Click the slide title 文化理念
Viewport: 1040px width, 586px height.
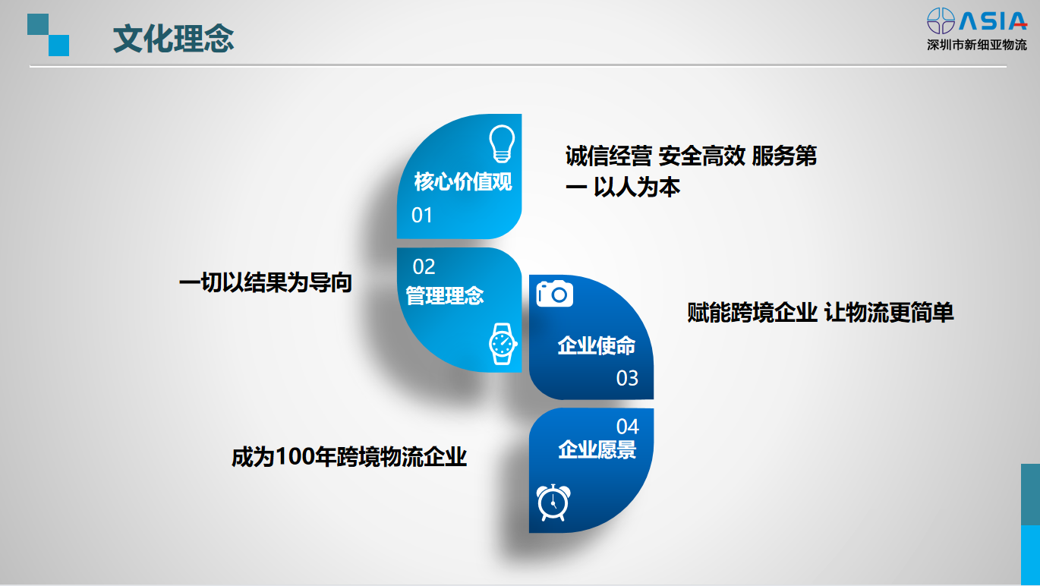pos(174,39)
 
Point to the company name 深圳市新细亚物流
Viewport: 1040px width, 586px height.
pos(977,45)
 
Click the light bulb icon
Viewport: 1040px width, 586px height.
pos(502,143)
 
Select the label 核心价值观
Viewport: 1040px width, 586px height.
pos(463,181)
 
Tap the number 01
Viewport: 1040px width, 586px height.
pos(421,215)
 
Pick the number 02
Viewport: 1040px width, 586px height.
pos(424,266)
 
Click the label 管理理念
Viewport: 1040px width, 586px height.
pos(444,296)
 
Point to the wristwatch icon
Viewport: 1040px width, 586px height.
pos(503,344)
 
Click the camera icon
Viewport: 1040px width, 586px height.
pos(554,294)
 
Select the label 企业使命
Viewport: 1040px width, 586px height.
pos(596,346)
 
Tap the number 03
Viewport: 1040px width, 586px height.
pos(627,379)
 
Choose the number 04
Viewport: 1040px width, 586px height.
pos(628,427)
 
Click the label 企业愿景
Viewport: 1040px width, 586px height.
pos(597,449)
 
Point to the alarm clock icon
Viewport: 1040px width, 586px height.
pos(553,503)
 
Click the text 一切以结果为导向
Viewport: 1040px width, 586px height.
pos(266,282)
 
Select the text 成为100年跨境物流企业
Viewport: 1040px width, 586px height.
pos(349,457)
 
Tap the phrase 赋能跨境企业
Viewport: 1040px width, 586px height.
pos(752,312)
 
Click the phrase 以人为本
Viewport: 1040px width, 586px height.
pos(637,187)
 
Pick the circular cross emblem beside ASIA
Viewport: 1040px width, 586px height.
pos(941,21)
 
